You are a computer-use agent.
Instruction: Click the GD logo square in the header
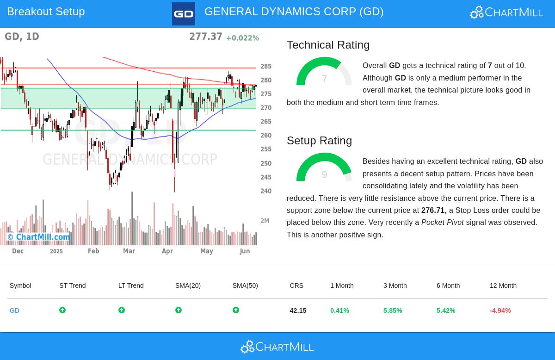pos(184,14)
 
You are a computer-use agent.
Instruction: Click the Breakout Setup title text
pos(46,12)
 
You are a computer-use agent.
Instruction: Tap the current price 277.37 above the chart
pos(205,37)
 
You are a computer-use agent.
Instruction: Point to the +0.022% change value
pos(242,38)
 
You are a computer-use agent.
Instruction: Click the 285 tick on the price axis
pos(266,67)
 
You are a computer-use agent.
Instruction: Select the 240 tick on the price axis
pos(266,191)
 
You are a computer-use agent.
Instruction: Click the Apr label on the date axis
pos(167,251)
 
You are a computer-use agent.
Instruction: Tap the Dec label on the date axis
pos(18,251)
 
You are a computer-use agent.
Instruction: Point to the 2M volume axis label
pos(265,221)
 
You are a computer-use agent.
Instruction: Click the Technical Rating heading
pos(328,45)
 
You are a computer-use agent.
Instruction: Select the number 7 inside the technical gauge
pos(324,79)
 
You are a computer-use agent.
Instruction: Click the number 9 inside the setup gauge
pos(324,174)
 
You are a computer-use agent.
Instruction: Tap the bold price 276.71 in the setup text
pos(432,211)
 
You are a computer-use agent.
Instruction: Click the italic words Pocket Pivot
pos(442,223)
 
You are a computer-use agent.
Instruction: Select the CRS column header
pos(296,286)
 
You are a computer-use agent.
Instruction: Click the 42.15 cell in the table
pos(298,310)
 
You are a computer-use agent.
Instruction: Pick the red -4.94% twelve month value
pos(500,310)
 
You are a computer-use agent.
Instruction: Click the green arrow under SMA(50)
pos(236,310)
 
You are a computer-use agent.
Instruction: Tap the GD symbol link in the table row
pos(14,310)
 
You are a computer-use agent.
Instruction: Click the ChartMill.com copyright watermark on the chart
pos(39,237)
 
